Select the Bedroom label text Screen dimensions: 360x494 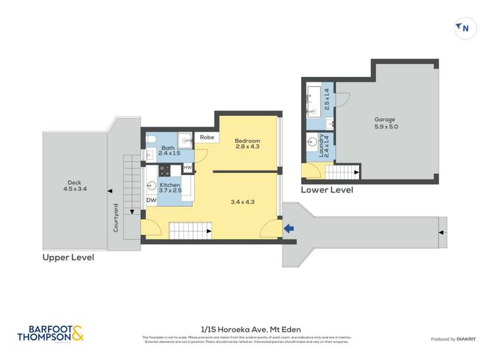(248, 143)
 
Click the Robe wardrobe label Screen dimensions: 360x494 (207, 138)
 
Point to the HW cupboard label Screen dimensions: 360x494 (188, 168)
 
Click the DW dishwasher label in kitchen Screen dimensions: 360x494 (151, 200)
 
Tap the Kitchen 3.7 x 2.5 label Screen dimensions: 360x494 (170, 188)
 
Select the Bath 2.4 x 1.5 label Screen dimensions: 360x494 (169, 152)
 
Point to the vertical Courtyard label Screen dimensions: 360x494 (116, 217)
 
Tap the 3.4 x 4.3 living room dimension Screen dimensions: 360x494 (242, 202)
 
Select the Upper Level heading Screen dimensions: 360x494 (68, 257)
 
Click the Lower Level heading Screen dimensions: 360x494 (327, 190)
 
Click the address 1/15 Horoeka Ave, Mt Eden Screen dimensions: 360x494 (246, 328)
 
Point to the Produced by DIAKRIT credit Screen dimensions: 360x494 (454, 339)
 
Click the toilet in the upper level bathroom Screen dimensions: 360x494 (151, 139)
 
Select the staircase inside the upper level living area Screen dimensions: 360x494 (190, 230)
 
